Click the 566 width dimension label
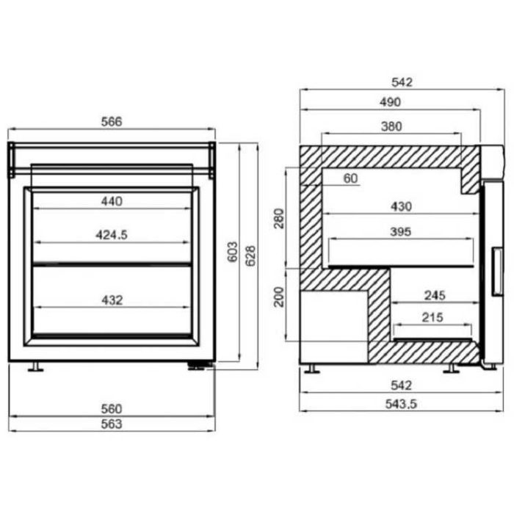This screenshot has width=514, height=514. tap(112, 122)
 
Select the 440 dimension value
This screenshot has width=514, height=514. tap(112, 201)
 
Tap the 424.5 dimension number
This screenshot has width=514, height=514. tap(112, 235)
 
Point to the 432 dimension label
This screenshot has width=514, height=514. tap(112, 300)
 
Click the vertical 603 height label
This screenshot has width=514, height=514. tap(233, 252)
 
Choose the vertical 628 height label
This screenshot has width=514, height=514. tap(250, 256)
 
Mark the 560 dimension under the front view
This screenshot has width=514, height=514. tap(112, 409)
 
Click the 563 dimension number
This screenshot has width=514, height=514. tap(112, 424)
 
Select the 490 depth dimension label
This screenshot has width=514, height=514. tap(390, 102)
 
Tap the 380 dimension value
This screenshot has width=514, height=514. tap(391, 126)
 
